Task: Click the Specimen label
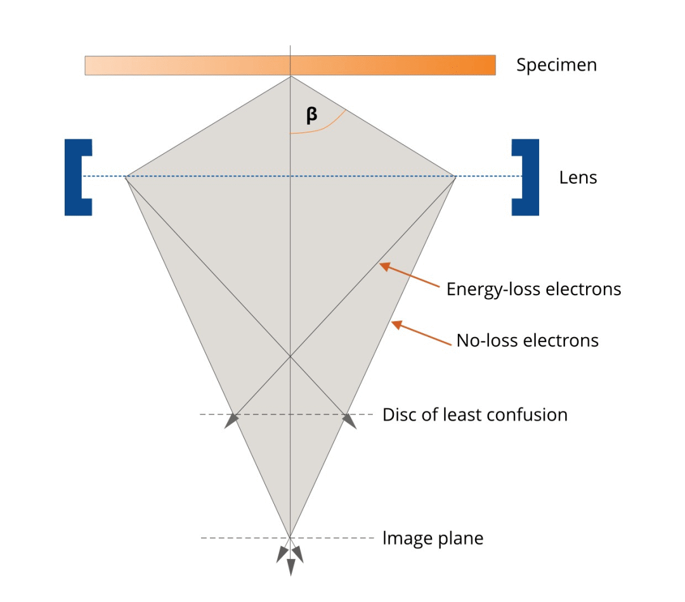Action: point(556,65)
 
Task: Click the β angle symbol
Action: point(311,115)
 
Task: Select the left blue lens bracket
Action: point(75,177)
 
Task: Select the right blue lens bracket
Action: point(528,177)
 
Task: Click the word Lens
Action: point(578,177)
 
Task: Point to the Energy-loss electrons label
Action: point(533,290)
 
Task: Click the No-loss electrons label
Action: point(527,340)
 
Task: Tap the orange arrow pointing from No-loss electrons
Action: point(422,332)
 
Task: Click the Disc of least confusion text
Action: point(474,415)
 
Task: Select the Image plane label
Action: point(433,539)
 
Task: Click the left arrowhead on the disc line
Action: point(232,420)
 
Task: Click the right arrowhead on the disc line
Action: point(348,420)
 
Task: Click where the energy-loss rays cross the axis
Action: point(290,357)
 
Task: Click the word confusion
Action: point(530,415)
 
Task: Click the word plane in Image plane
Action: point(460,539)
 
